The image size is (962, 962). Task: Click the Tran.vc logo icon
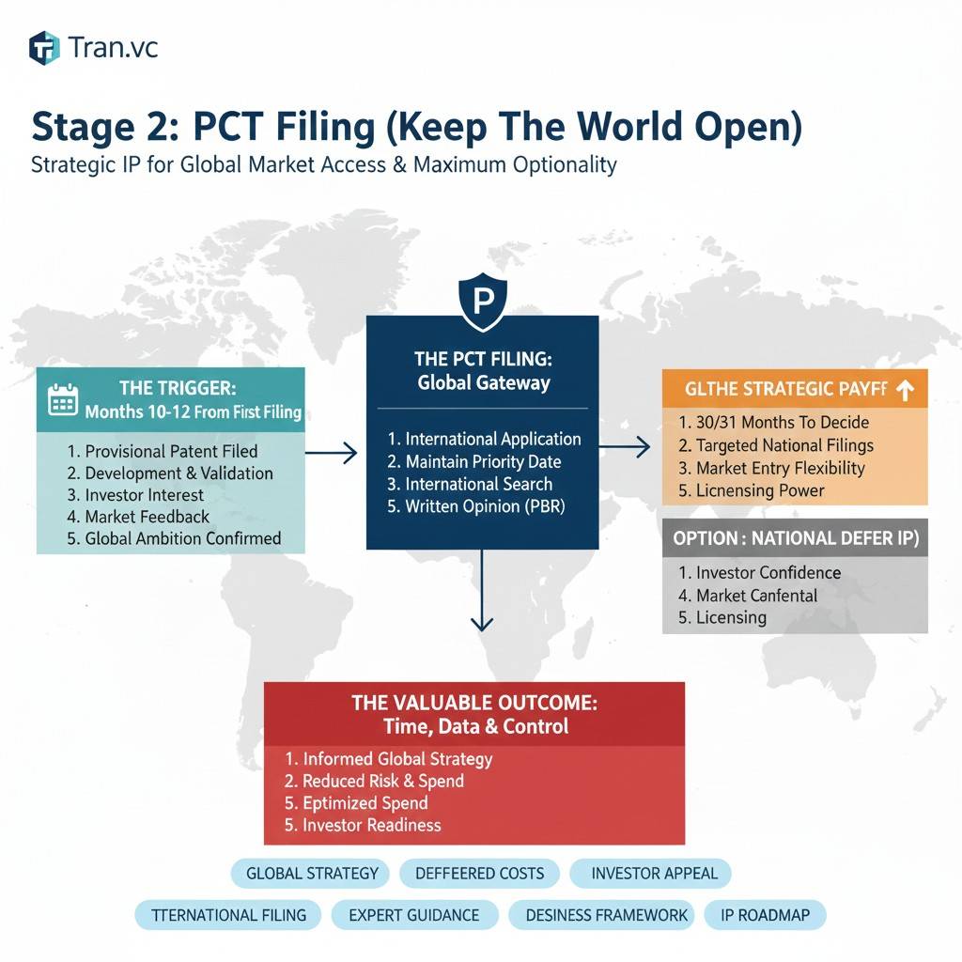44,48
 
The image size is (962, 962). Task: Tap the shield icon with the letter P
483,302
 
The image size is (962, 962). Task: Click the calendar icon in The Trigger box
63,399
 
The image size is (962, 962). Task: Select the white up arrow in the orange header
905,390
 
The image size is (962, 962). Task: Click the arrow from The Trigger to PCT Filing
332,453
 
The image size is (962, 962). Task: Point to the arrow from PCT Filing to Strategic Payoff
625,446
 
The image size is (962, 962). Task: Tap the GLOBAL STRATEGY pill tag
312,873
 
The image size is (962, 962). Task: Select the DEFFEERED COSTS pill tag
480,873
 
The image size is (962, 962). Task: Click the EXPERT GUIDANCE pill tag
414,915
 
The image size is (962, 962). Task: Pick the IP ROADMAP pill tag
765,915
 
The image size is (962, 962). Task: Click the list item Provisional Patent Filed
163,451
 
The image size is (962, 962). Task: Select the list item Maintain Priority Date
474,461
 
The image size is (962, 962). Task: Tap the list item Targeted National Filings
776,445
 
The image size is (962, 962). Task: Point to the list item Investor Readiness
363,825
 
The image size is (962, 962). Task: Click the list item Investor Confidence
759,572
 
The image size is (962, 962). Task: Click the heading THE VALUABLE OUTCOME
474,703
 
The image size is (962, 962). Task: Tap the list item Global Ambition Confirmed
174,538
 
